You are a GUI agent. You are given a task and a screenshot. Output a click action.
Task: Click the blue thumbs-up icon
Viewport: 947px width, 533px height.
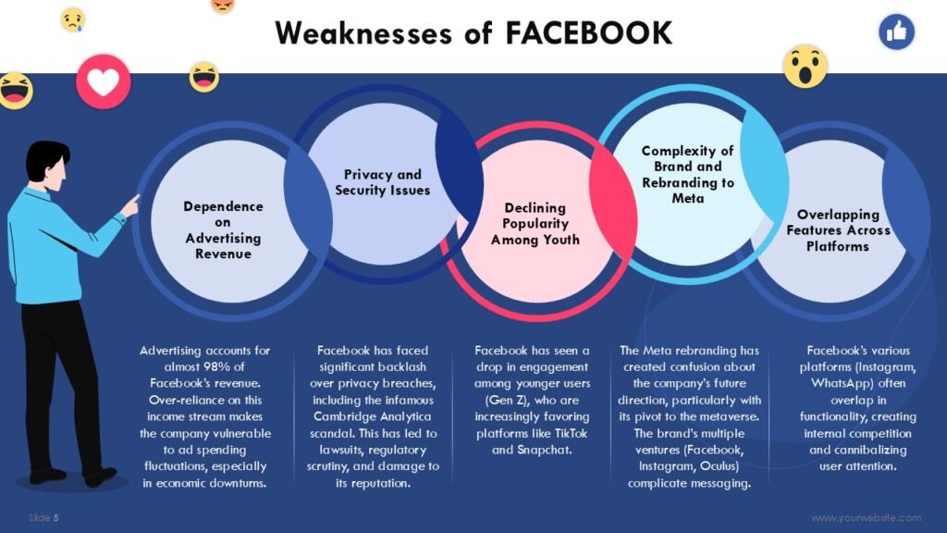tap(896, 31)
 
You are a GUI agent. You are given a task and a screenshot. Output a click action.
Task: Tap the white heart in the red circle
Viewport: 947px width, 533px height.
tap(104, 82)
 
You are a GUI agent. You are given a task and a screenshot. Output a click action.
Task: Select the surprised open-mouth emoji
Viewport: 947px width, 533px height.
tap(806, 67)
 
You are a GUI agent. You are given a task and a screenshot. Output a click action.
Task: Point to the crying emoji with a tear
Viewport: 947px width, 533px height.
tap(72, 20)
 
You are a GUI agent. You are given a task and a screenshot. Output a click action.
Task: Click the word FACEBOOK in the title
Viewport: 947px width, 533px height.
tap(588, 32)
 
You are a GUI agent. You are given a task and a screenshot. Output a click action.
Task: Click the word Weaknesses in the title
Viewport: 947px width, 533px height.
tap(363, 32)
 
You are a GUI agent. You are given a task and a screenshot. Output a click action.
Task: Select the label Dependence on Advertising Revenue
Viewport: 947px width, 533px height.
tap(223, 230)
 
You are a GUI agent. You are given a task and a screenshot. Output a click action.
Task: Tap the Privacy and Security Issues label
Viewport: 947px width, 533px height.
tap(382, 182)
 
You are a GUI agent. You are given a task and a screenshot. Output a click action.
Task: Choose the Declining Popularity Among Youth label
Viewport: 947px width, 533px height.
tap(535, 224)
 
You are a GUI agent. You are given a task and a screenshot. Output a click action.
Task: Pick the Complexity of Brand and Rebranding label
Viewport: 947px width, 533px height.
tap(687, 175)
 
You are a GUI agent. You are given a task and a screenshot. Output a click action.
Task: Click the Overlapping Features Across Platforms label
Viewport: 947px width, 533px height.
tap(838, 230)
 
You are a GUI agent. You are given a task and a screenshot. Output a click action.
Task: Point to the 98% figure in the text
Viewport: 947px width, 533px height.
tap(216, 366)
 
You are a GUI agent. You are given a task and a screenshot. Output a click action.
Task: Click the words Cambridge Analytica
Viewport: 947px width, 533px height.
tap(372, 416)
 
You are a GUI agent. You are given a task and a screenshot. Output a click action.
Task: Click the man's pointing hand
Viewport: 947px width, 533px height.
tap(130, 206)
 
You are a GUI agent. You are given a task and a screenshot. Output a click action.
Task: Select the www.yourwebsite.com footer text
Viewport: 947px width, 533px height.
tap(866, 518)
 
